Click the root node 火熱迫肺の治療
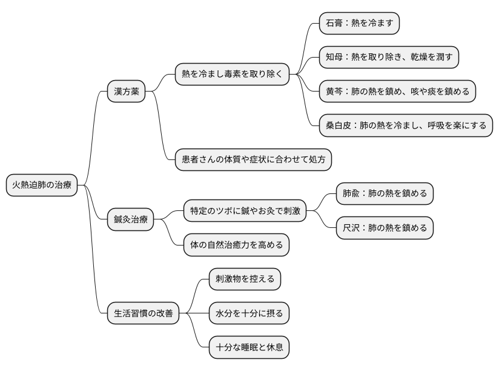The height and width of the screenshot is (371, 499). (x=42, y=185)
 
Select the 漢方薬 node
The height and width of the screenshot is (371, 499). (x=126, y=92)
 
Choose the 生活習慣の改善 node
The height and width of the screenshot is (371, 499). (x=143, y=313)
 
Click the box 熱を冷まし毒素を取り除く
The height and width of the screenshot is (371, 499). (x=232, y=75)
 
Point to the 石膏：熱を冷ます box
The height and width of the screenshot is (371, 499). (x=360, y=24)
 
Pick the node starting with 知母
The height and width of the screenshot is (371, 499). (x=389, y=58)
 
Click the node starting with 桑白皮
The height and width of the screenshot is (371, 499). (x=406, y=125)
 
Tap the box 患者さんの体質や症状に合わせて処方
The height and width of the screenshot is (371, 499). (x=253, y=160)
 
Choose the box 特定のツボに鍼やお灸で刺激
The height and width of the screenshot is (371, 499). (x=244, y=211)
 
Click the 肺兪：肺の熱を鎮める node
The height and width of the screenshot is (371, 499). (x=385, y=194)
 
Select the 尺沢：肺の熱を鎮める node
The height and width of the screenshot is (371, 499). (x=385, y=228)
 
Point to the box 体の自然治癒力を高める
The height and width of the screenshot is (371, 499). (x=236, y=245)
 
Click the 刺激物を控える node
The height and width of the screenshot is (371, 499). (x=245, y=279)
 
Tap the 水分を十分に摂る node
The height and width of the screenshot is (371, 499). (x=249, y=313)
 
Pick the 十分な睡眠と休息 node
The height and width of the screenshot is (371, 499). (x=249, y=347)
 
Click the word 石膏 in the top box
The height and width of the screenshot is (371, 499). (x=335, y=24)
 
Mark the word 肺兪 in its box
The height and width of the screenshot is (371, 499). (x=351, y=194)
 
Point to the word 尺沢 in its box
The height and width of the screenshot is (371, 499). (x=351, y=228)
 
